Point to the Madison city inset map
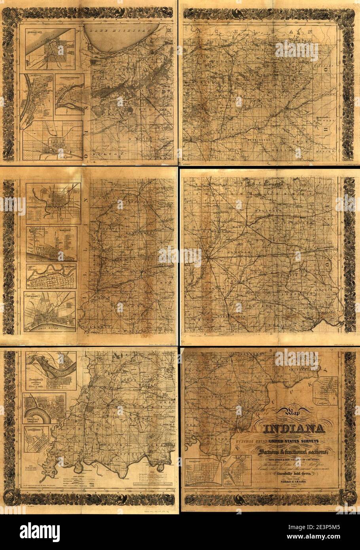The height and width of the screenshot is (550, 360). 51,244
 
